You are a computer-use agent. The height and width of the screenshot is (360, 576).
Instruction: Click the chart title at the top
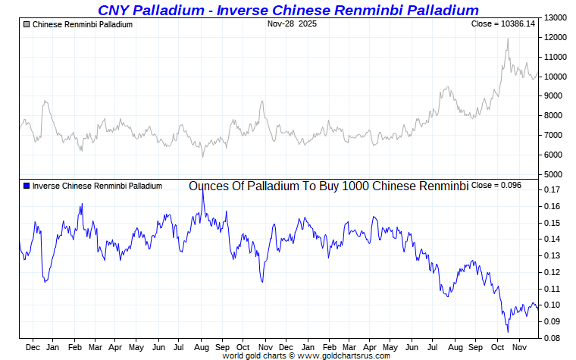(288, 10)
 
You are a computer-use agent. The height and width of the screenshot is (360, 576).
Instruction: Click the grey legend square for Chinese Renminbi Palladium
(27, 25)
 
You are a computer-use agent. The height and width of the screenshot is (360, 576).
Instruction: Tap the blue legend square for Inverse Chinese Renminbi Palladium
(27, 186)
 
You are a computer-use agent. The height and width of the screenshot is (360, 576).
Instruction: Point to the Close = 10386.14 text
(502, 24)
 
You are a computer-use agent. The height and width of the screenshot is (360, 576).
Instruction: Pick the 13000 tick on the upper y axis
(557, 17)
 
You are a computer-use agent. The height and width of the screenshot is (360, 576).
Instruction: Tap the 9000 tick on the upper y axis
(555, 96)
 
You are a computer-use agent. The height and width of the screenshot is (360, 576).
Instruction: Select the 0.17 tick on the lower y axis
(553, 190)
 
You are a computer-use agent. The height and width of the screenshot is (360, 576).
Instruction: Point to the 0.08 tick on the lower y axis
(553, 338)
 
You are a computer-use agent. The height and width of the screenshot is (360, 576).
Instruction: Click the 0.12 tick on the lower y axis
(553, 272)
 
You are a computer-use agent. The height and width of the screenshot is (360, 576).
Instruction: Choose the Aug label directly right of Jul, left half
(200, 347)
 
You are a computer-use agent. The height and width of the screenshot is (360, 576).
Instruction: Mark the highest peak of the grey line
(507, 39)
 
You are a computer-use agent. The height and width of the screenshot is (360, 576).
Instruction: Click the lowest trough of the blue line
(508, 331)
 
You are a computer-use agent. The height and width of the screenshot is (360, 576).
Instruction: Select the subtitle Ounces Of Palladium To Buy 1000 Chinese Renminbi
(328, 186)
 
